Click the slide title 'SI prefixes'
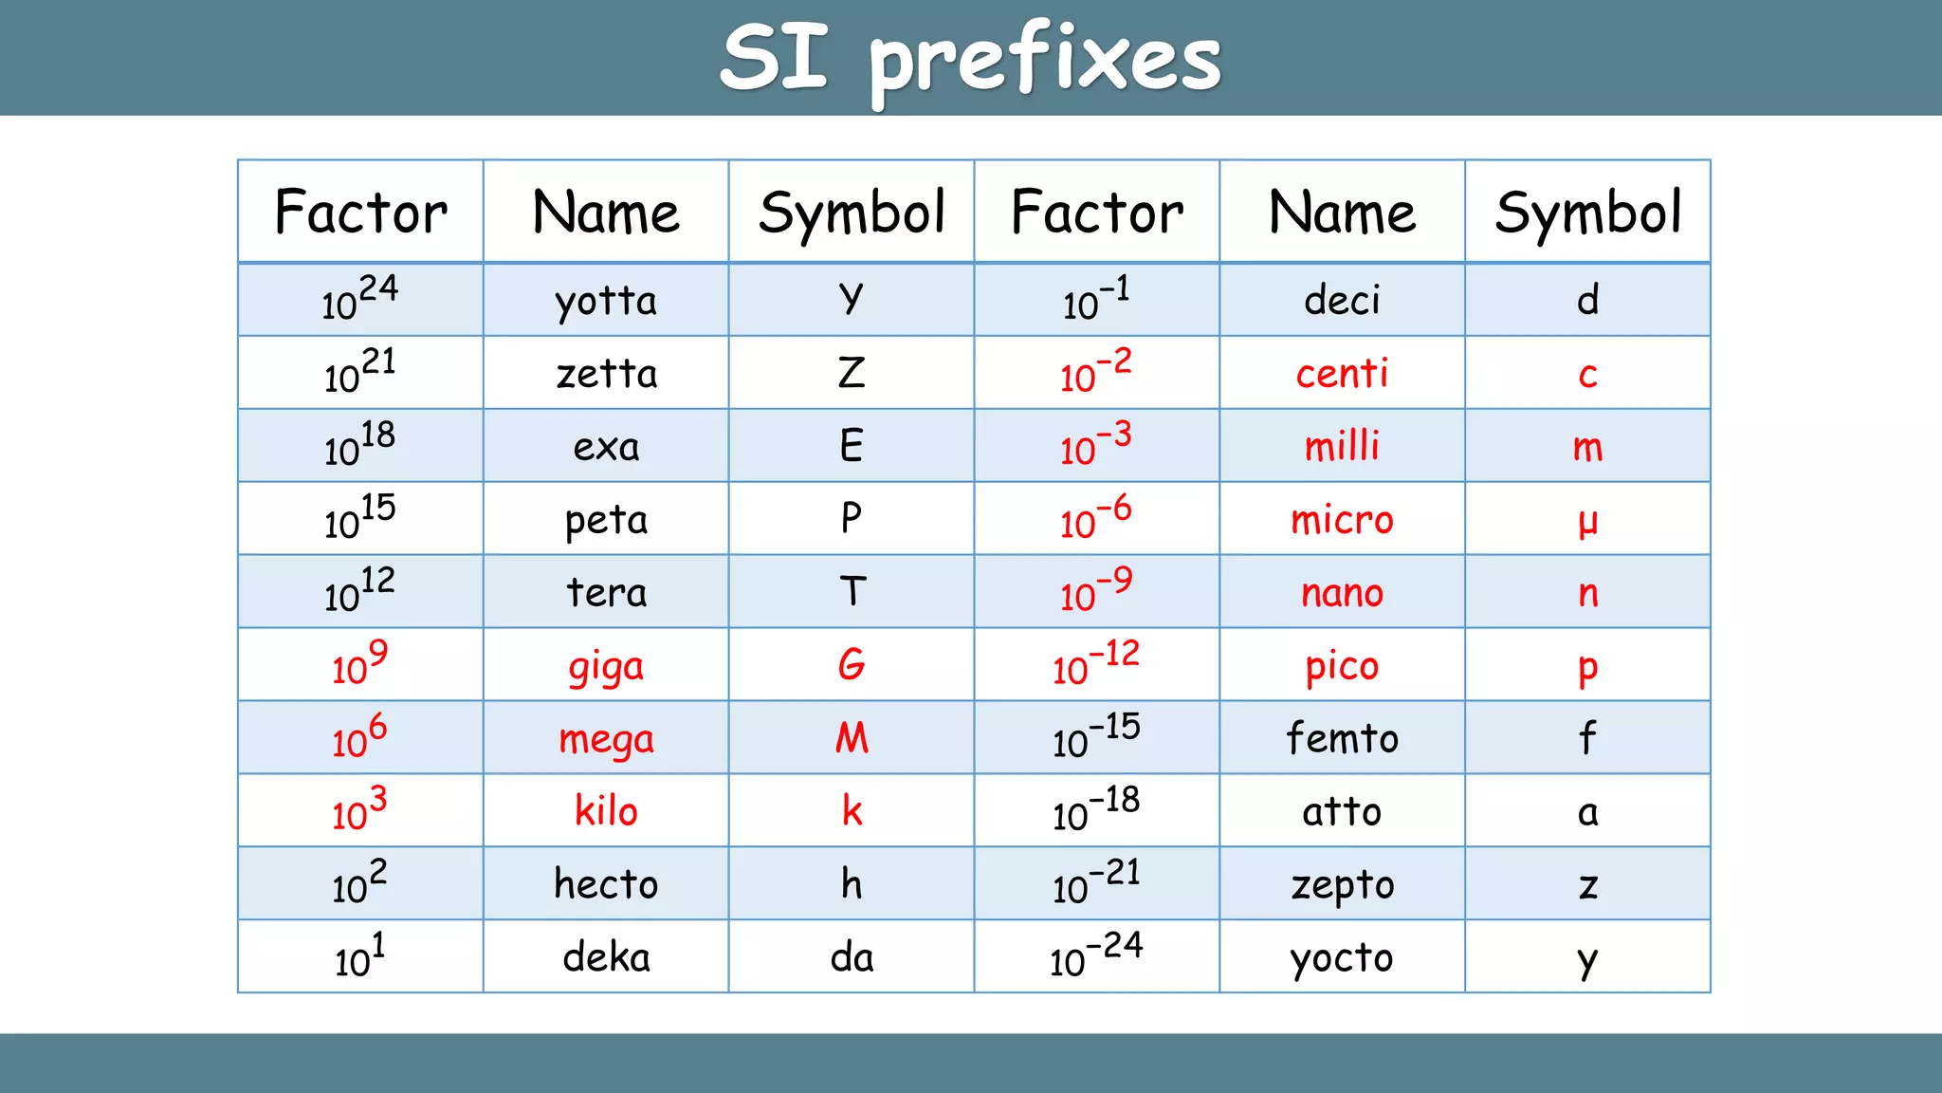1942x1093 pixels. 970,59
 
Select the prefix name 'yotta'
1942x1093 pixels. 606,302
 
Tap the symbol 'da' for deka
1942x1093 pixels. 852,957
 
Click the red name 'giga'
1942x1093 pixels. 606,668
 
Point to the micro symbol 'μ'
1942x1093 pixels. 1588,521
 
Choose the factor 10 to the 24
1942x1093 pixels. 359,298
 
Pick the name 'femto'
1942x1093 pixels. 1342,738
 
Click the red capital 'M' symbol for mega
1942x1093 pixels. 852,738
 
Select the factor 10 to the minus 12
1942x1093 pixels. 1096,662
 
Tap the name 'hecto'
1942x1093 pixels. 606,884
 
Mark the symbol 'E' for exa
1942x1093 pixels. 852,446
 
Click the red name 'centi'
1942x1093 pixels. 1342,374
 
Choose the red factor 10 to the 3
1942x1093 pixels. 359,808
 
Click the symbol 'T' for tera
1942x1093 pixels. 852,592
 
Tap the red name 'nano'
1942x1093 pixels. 1342,594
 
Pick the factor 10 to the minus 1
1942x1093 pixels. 1096,298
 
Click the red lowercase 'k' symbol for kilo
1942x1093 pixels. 852,811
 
